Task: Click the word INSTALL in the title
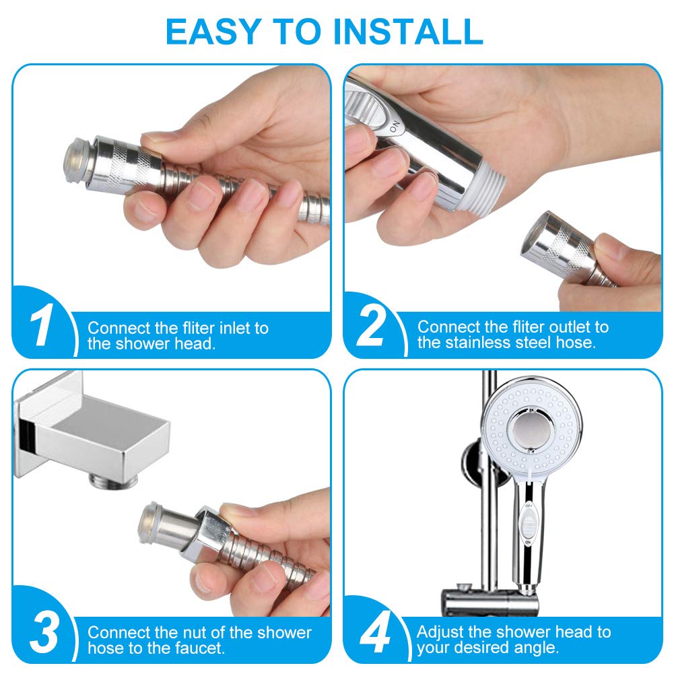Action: pos(407,32)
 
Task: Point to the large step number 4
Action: pos(374,632)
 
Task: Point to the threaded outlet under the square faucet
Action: pos(114,480)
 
